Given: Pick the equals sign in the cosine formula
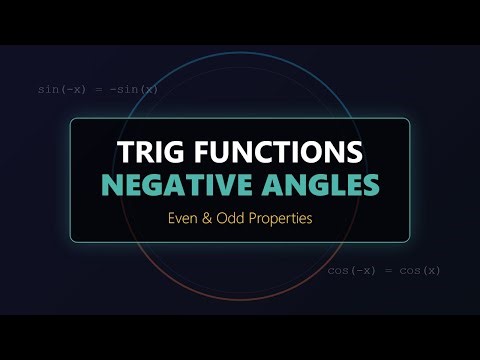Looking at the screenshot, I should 384,270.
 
